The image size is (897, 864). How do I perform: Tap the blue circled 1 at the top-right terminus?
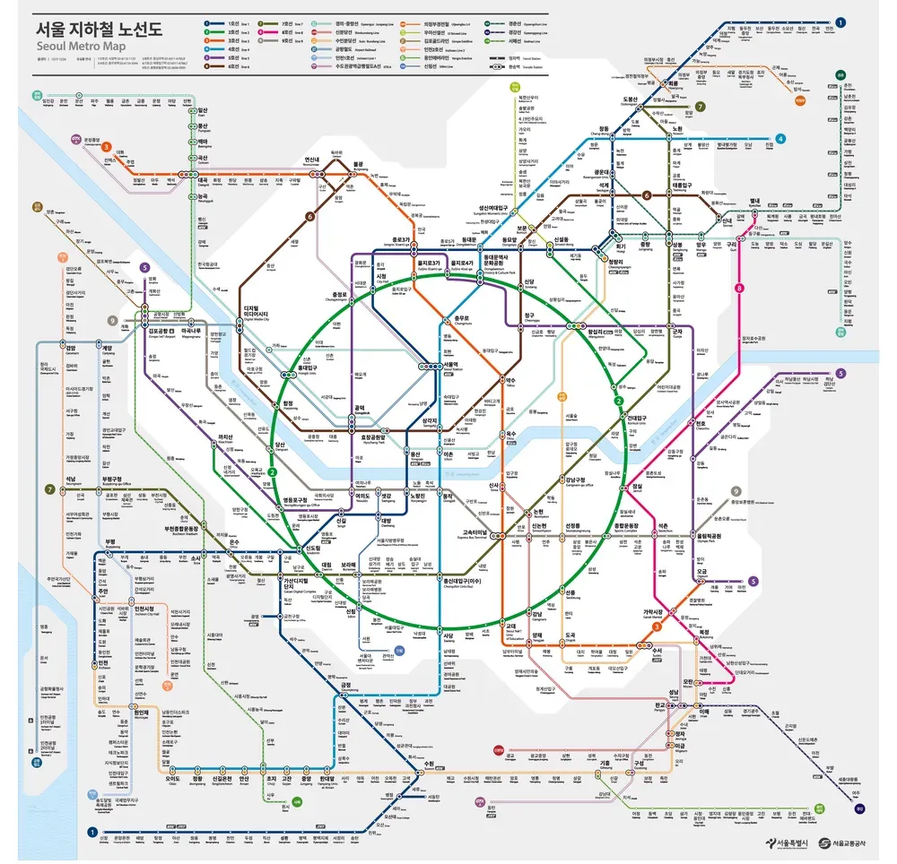pos(840,22)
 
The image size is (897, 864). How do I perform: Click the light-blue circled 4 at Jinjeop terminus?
pos(780,139)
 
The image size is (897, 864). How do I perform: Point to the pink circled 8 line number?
pos(739,288)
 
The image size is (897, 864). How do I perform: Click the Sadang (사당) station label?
pos(448,636)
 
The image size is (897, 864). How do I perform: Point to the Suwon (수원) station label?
pos(430,764)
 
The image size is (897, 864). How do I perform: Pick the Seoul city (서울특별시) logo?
pos(788,842)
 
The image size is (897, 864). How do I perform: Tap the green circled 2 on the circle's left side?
pos(272,472)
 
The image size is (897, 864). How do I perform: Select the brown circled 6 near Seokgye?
pos(646,195)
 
